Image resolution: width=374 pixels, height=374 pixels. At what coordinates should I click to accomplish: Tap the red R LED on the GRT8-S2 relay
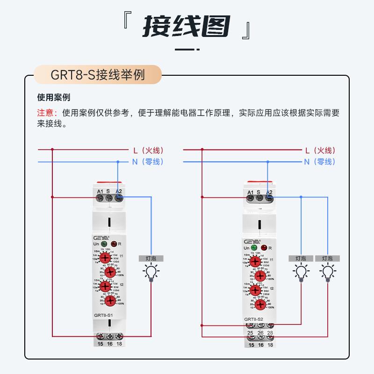click(x=263, y=247)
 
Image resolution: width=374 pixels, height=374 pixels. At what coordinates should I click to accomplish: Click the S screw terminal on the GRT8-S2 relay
click(x=259, y=198)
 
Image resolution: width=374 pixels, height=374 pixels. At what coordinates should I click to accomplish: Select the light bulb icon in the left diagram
click(x=151, y=272)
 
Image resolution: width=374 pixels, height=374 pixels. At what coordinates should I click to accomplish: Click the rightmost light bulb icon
click(x=327, y=271)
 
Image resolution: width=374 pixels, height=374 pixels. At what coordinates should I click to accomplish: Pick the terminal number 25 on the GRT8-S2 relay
click(x=250, y=333)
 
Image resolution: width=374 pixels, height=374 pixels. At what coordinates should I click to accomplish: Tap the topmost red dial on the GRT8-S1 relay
click(x=105, y=257)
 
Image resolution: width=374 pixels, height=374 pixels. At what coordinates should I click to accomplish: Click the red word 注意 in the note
click(x=46, y=113)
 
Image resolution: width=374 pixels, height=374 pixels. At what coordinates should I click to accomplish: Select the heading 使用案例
click(x=53, y=98)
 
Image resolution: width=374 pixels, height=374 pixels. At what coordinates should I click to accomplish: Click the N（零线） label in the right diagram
click(x=320, y=162)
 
